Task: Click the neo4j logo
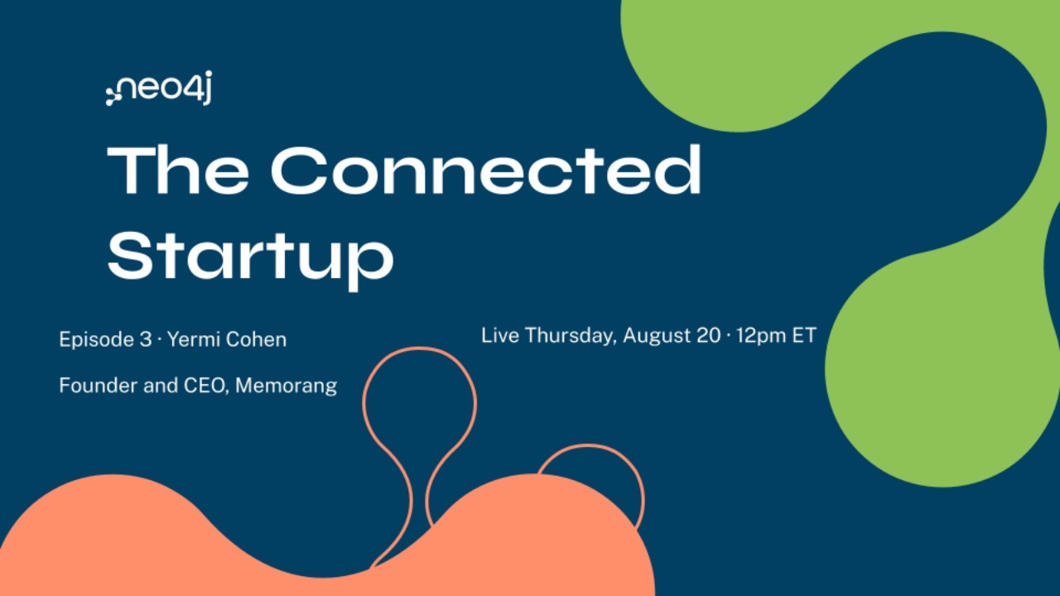point(159,88)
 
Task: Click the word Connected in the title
point(485,171)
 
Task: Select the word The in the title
point(178,171)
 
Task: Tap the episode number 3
point(146,339)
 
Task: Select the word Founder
point(99,385)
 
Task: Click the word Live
point(500,335)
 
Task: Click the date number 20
point(709,335)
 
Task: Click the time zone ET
point(804,335)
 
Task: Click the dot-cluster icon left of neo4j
point(112,95)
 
